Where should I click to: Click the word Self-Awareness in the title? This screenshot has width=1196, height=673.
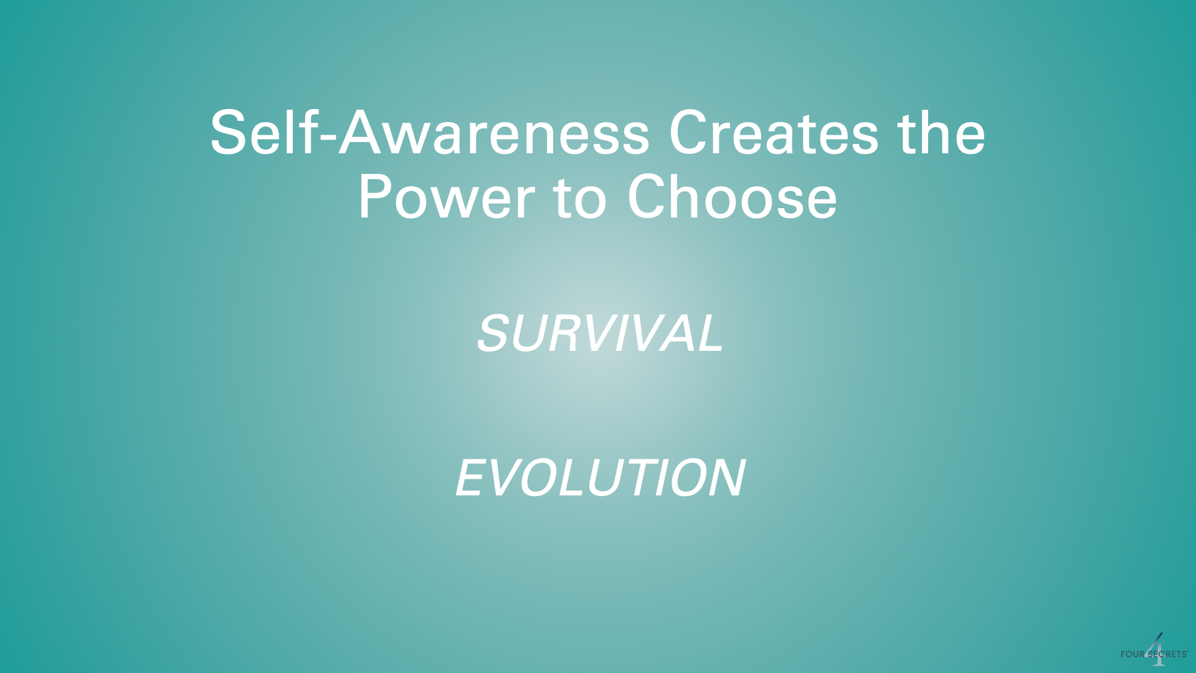click(x=430, y=132)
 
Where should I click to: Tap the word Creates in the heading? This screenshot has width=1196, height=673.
click(x=774, y=132)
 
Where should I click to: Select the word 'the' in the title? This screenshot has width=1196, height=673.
click(x=941, y=132)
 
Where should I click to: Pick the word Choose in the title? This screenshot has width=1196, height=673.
click(x=732, y=197)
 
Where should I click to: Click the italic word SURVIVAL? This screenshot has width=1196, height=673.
click(x=600, y=333)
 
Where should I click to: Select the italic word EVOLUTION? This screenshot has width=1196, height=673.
click(x=600, y=477)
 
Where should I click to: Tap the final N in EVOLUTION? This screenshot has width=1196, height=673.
click(x=725, y=477)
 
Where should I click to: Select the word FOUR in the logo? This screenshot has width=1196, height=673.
click(x=1132, y=654)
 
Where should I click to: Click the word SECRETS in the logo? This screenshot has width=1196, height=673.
click(x=1166, y=654)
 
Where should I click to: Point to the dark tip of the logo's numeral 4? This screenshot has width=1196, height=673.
click(x=1162, y=634)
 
